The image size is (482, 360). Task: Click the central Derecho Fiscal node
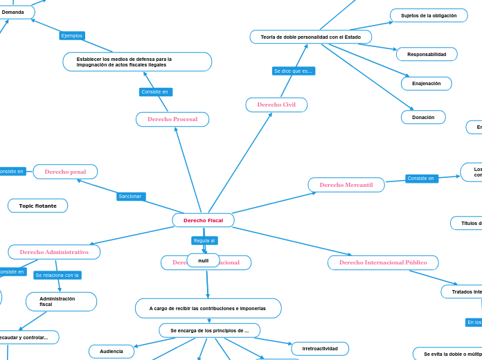(x=203, y=220)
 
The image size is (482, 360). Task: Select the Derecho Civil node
(x=276, y=105)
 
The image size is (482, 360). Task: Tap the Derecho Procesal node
(x=172, y=119)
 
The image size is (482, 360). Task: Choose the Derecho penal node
(x=65, y=172)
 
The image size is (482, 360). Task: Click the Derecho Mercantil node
(x=346, y=185)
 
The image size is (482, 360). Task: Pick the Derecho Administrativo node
(x=54, y=252)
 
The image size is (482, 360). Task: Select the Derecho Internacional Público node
(x=383, y=262)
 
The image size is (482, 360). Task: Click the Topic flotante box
(x=37, y=206)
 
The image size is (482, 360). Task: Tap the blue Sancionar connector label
(x=130, y=197)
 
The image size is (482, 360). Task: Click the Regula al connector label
(x=204, y=240)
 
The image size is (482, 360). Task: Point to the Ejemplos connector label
(x=72, y=35)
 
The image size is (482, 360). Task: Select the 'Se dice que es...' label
(x=293, y=71)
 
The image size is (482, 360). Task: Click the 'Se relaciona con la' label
(x=57, y=275)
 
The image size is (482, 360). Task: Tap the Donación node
(x=423, y=117)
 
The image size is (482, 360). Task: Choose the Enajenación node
(x=426, y=83)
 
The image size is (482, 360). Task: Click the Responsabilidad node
(x=426, y=54)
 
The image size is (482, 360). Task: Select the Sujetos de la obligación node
(x=429, y=15)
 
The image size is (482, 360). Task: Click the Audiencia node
(x=111, y=351)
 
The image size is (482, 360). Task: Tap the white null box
(x=203, y=260)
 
